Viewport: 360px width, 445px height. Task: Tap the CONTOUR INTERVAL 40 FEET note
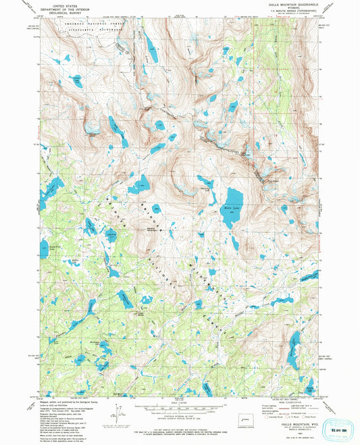coord(180,416)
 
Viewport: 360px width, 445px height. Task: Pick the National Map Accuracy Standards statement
coord(180,423)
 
